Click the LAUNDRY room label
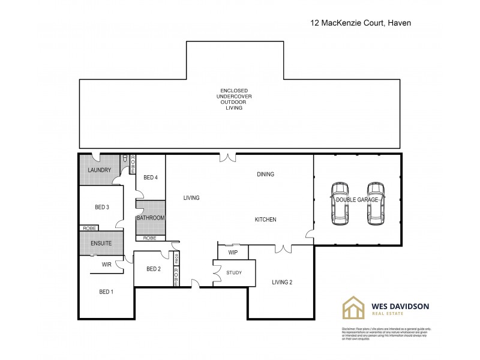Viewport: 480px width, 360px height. point(100,170)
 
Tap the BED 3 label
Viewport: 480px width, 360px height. point(102,207)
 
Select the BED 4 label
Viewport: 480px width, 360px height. point(151,178)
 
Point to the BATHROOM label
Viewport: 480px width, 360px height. point(150,218)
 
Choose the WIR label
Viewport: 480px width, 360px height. point(106,264)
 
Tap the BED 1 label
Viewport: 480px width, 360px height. point(106,292)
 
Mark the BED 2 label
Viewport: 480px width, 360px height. point(154,269)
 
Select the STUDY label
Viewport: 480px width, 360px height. point(234,274)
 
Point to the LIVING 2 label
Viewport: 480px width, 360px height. point(281,282)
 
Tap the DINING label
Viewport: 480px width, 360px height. point(265,175)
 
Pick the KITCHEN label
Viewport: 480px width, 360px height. point(265,220)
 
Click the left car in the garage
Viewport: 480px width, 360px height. point(340,203)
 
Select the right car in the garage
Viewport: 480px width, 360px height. point(376,203)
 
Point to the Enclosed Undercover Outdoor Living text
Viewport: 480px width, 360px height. point(232,100)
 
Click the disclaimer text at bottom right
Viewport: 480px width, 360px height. point(385,334)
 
